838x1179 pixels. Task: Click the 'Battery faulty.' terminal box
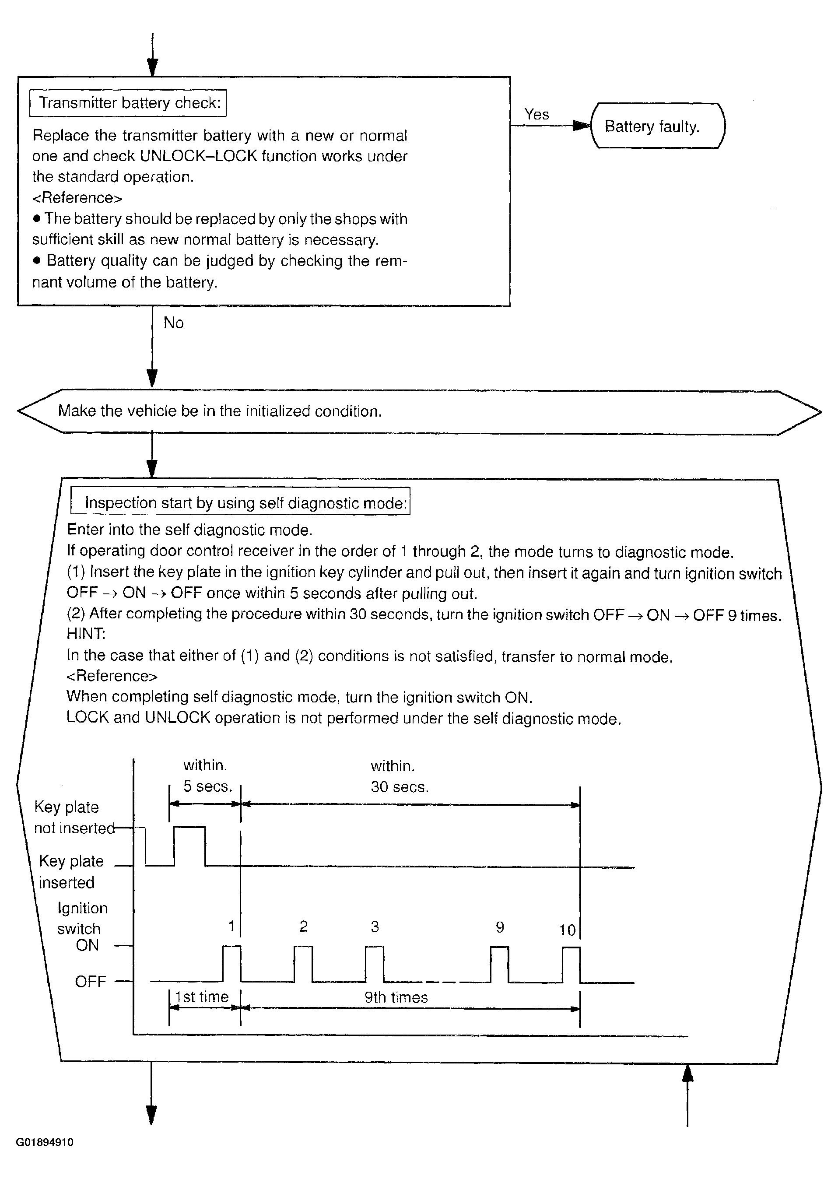(657, 126)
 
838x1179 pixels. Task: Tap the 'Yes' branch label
(536, 114)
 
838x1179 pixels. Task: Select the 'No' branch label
(173, 323)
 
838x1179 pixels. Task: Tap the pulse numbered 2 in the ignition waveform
(303, 963)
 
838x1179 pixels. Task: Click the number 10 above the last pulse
(567, 930)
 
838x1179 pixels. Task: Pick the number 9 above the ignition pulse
(499, 927)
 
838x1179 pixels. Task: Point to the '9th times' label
(396, 997)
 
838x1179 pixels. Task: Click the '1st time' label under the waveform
(202, 997)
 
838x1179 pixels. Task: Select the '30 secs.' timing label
(400, 786)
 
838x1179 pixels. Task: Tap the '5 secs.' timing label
(208, 786)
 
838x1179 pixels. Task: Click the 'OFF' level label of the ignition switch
(90, 981)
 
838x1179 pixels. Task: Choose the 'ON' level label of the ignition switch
(87, 945)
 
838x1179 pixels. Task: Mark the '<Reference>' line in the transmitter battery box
(77, 198)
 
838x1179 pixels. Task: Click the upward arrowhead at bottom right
(687, 1073)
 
